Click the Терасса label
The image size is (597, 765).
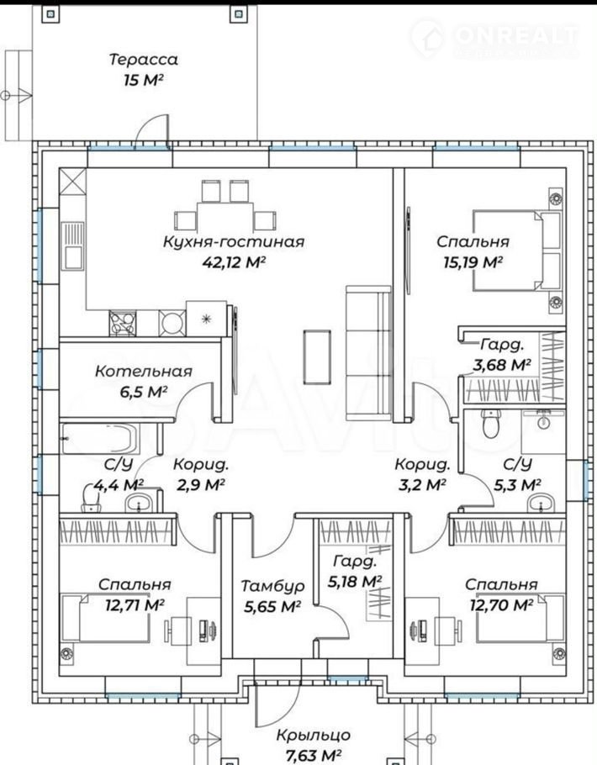pyautogui.click(x=144, y=60)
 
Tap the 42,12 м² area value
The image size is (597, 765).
pyautogui.click(x=234, y=262)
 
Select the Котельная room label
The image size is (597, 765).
pyautogui.click(x=144, y=372)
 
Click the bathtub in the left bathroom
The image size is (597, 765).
pyautogui.click(x=100, y=439)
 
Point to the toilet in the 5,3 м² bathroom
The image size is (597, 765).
pyautogui.click(x=490, y=424)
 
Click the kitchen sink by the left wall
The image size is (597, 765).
pyautogui.click(x=73, y=245)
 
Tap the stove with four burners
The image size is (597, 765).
pyautogui.click(x=123, y=324)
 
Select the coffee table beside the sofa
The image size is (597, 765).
pyautogui.click(x=317, y=356)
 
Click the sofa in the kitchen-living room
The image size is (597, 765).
pyautogui.click(x=368, y=353)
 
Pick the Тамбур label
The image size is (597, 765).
pyautogui.click(x=272, y=586)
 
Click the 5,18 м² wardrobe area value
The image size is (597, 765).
pyautogui.click(x=355, y=581)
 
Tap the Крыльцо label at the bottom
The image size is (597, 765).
pyautogui.click(x=314, y=735)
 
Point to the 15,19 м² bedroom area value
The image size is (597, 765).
pyautogui.click(x=473, y=262)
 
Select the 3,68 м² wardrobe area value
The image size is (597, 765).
pyautogui.click(x=502, y=365)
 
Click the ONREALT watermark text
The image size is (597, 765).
pyautogui.click(x=516, y=35)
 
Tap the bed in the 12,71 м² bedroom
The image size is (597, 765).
pyautogui.click(x=104, y=618)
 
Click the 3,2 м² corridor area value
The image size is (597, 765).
pyautogui.click(x=420, y=485)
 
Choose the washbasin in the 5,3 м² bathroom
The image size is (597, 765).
pyautogui.click(x=541, y=503)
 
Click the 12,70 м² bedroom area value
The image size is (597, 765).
pyautogui.click(x=501, y=605)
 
